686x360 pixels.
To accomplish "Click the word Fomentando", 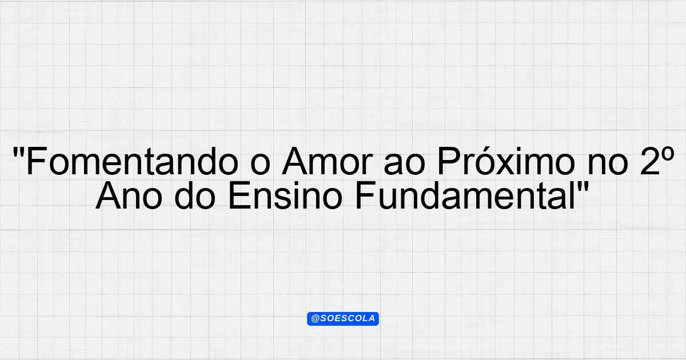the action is click(x=132, y=161).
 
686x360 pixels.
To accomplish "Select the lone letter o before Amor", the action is click(x=260, y=165).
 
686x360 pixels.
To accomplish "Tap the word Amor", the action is click(x=328, y=161).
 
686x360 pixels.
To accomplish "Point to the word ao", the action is click(x=405, y=165).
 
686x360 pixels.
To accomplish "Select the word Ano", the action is click(x=129, y=195).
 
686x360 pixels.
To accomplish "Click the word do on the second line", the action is click(x=195, y=195).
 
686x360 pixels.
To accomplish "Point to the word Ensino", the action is click(x=285, y=195).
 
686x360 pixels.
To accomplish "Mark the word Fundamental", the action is click(x=464, y=195).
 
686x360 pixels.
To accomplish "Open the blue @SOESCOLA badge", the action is click(x=343, y=319).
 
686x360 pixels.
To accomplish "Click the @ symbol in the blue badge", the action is click(x=315, y=319).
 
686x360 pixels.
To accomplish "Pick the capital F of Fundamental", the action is click(x=365, y=195).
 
